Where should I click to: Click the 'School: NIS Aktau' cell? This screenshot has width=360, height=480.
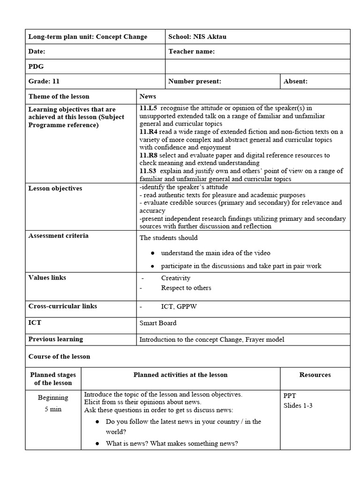[197, 37]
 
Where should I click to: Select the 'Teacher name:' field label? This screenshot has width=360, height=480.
[191, 52]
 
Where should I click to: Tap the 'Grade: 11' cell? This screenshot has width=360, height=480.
[44, 81]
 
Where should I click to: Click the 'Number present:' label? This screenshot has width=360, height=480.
[195, 81]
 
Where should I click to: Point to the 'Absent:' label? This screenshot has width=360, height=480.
[295, 81]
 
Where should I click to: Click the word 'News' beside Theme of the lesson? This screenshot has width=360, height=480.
[148, 96]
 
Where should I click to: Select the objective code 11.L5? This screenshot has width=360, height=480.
[148, 108]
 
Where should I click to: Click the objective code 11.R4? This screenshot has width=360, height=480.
[148, 132]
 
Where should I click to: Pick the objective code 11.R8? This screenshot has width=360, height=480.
[148, 155]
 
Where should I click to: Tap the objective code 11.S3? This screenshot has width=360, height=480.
[148, 171]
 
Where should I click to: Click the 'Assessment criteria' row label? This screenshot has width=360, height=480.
[58, 235]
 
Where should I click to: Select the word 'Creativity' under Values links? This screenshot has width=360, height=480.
[176, 278]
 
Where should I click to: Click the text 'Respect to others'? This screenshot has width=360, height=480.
[186, 288]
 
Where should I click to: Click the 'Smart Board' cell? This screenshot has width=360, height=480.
[158, 323]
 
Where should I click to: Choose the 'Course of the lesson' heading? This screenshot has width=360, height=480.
[59, 356]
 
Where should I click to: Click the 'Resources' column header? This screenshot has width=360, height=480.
[315, 375]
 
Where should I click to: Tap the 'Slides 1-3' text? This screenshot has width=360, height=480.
[298, 405]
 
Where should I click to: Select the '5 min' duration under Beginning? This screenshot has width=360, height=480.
[53, 409]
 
